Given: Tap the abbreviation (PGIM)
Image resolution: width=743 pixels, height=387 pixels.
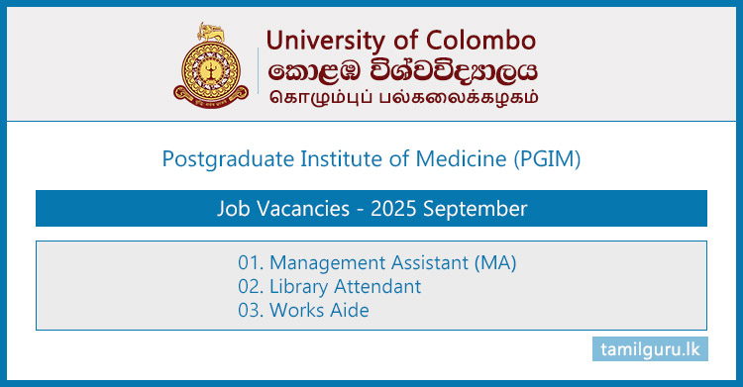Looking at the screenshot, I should tap(547, 157).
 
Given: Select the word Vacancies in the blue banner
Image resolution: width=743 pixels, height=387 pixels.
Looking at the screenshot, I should tap(294, 209).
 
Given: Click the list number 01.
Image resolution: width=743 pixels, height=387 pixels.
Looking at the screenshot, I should tap(250, 263).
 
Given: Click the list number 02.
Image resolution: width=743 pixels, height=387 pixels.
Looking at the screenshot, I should tap(250, 287).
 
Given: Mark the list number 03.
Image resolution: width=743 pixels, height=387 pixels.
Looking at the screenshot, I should tap(250, 311).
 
